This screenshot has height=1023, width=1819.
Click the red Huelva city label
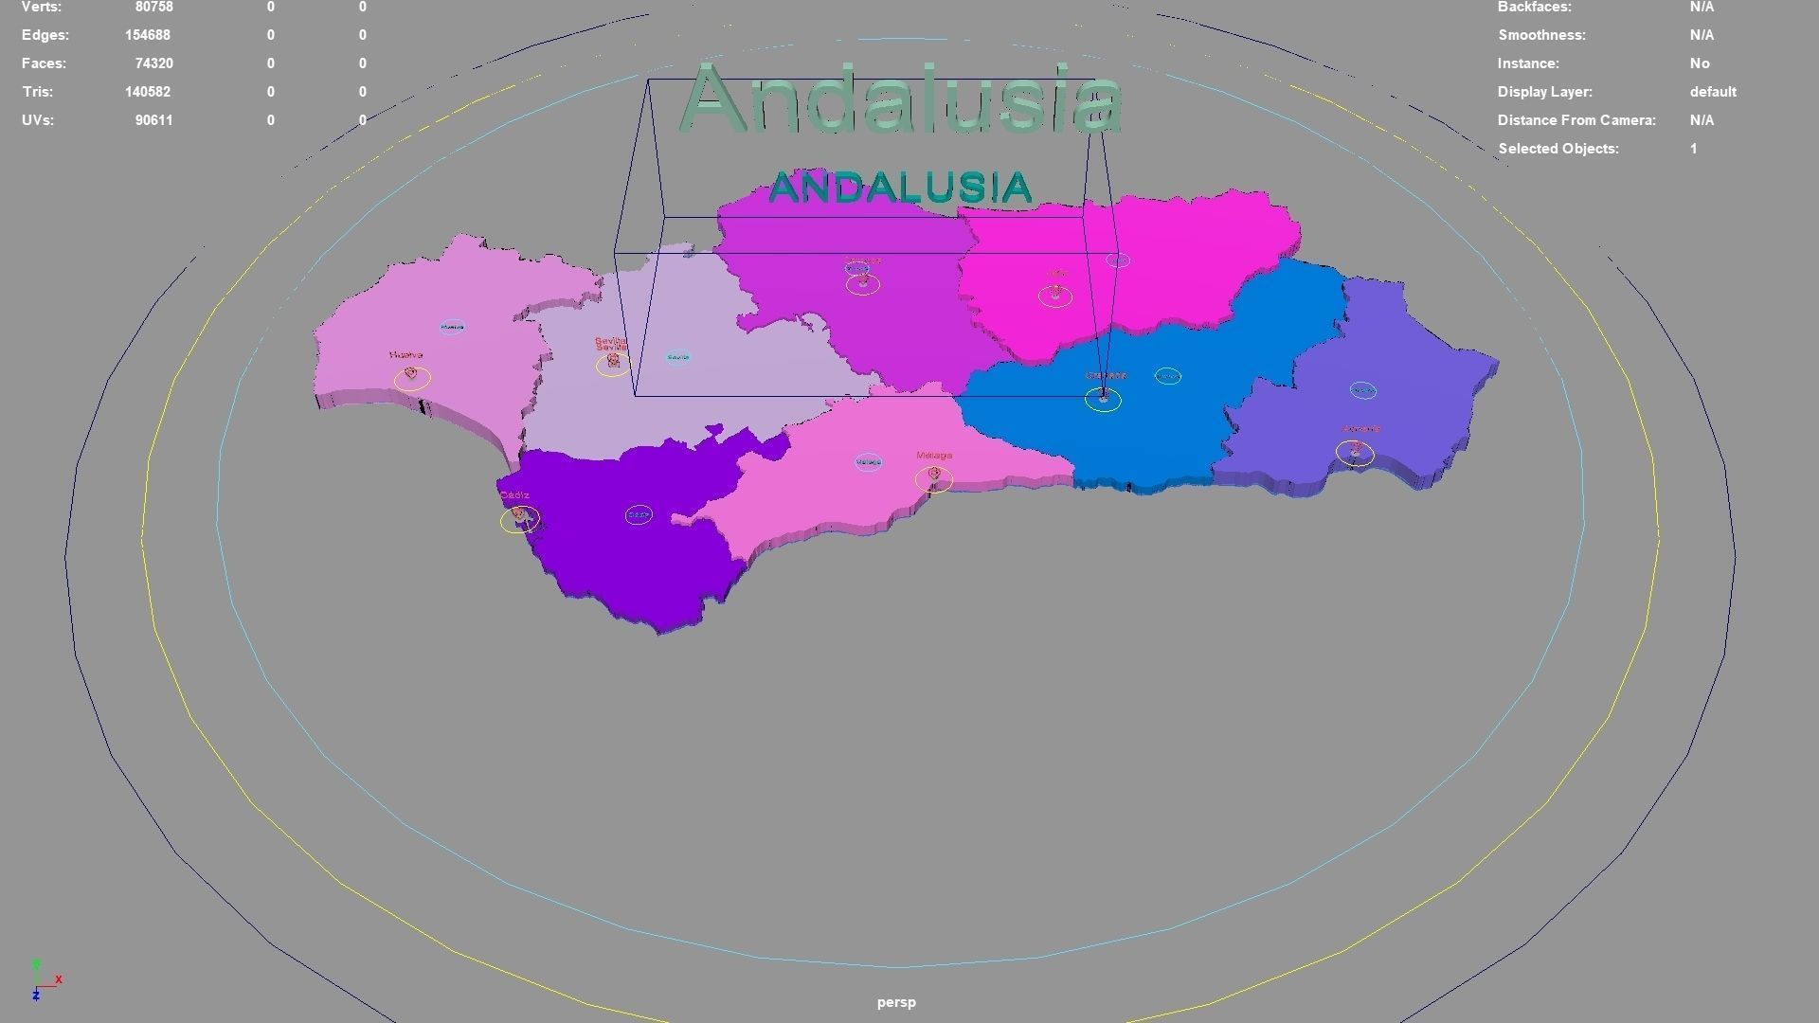click(x=405, y=355)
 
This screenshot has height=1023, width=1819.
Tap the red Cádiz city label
click(x=514, y=495)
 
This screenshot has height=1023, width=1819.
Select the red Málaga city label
click(x=934, y=456)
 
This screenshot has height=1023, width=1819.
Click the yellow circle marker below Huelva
click(x=412, y=379)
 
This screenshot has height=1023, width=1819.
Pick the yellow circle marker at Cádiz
click(x=519, y=519)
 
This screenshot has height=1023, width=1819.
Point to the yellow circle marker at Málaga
click(x=934, y=479)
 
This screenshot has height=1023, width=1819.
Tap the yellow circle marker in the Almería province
click(x=1355, y=453)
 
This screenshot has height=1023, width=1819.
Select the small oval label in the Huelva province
click(x=452, y=327)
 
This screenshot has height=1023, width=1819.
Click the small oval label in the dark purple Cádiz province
click(x=639, y=515)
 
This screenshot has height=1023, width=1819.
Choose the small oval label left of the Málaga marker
click(x=868, y=462)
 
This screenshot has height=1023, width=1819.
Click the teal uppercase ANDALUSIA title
click(x=900, y=188)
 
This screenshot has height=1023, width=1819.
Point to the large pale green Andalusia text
click(x=900, y=100)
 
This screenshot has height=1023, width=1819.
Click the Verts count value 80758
click(x=153, y=8)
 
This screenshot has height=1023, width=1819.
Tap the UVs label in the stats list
click(x=38, y=120)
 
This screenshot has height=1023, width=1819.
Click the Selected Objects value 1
click(x=1693, y=149)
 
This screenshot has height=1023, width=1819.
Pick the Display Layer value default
click(x=1713, y=92)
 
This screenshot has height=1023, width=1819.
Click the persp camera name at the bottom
click(x=896, y=1002)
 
